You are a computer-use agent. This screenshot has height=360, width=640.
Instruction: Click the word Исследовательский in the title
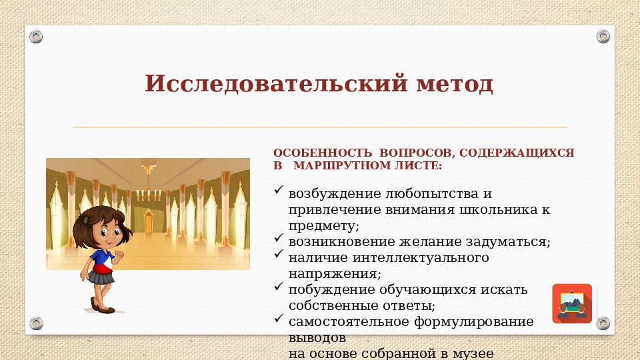[x=267, y=84]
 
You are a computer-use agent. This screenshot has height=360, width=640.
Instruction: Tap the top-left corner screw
[x=37, y=36]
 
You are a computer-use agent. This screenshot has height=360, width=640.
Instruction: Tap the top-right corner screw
[x=603, y=36]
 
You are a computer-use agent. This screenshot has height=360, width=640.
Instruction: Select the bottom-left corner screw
[x=37, y=323]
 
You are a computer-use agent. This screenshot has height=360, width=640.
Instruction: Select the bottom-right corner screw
[x=603, y=323]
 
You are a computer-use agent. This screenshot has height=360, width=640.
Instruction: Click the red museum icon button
[x=572, y=303]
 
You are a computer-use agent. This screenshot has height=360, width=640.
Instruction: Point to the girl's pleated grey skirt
[x=101, y=275]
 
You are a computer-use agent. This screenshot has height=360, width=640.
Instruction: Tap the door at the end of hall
[x=148, y=217]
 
